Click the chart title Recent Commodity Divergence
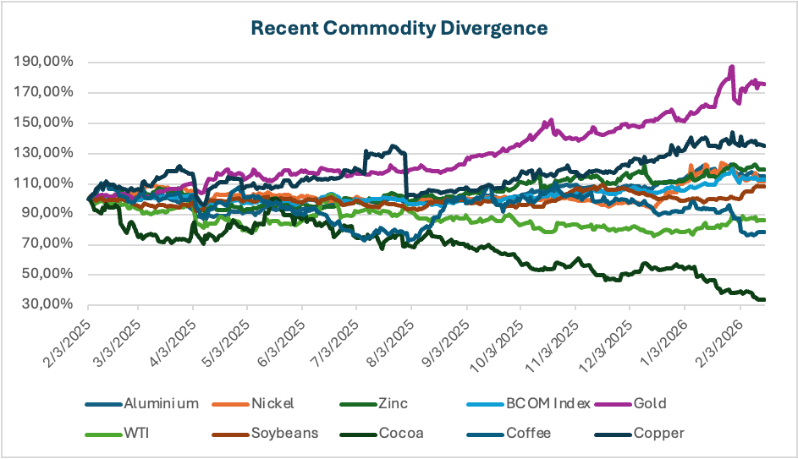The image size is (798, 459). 399,28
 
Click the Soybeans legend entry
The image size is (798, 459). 283,434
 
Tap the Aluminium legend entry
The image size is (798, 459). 161,403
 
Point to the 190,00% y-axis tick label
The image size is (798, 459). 44,63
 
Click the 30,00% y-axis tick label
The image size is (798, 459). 47,305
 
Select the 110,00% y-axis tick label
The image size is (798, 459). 44,183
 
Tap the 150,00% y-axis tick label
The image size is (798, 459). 44,123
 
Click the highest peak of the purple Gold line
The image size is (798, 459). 732,67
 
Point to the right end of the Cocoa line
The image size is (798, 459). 764,299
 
